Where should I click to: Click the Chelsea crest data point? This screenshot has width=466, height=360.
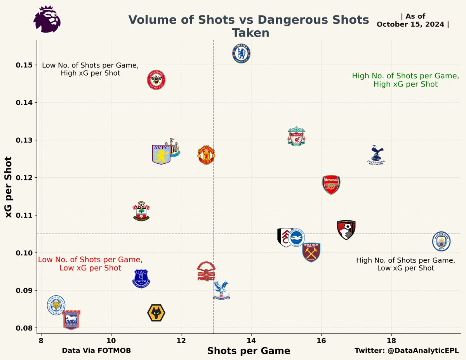tap(241, 54)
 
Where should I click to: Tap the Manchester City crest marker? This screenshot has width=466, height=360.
tap(441, 241)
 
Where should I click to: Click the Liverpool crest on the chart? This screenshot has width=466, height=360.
tap(296, 136)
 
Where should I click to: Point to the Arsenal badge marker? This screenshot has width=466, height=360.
tap(331, 185)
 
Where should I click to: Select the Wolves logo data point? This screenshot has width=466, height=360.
tap(156, 313)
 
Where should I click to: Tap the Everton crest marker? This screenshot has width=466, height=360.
tap(141, 279)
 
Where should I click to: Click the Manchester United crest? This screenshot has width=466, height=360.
tap(206, 156)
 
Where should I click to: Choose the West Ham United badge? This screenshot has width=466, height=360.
tap(311, 252)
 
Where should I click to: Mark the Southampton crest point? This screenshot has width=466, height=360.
tap(141, 212)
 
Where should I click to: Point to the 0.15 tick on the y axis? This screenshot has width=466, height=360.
tap(24, 65)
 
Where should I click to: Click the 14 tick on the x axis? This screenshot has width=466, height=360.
tap(251, 341)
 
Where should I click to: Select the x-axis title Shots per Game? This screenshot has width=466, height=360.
tap(249, 351)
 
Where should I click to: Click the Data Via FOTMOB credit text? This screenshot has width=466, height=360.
tap(96, 351)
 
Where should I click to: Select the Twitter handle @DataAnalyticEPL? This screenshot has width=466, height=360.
tap(407, 351)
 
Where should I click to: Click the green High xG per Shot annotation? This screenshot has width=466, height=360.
tap(405, 80)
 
